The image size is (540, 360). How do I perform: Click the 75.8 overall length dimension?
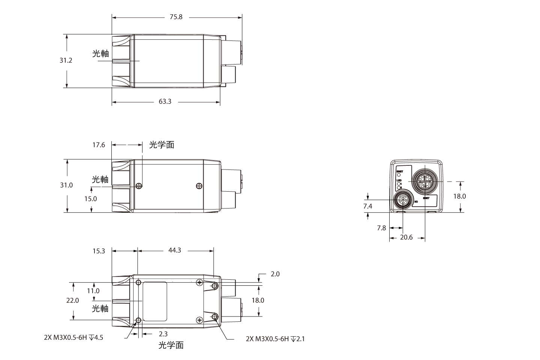click(176, 17)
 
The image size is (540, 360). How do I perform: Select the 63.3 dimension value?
click(165, 102)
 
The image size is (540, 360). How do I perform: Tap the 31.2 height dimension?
click(66, 60)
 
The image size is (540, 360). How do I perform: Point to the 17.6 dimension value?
click(99, 145)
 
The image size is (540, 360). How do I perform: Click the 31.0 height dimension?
click(66, 185)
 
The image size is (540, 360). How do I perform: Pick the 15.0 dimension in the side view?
click(90, 199)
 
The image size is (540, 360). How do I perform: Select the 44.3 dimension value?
click(175, 250)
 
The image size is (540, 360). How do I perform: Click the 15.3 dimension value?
click(99, 251)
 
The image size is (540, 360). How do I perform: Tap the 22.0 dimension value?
click(72, 300)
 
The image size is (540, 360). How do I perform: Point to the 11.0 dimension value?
click(93, 291)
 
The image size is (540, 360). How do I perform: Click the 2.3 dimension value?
click(163, 334)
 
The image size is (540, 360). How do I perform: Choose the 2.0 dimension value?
click(275, 274)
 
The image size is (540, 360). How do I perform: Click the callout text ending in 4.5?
click(73, 337)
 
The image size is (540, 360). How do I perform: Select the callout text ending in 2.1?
click(275, 339)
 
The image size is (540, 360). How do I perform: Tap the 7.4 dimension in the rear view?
click(367, 206)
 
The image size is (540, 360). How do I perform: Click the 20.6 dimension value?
click(406, 237)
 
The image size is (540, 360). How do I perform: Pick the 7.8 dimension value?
click(381, 228)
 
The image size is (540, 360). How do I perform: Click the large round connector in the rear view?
click(424, 182)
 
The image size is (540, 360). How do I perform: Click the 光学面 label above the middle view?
click(162, 145)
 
